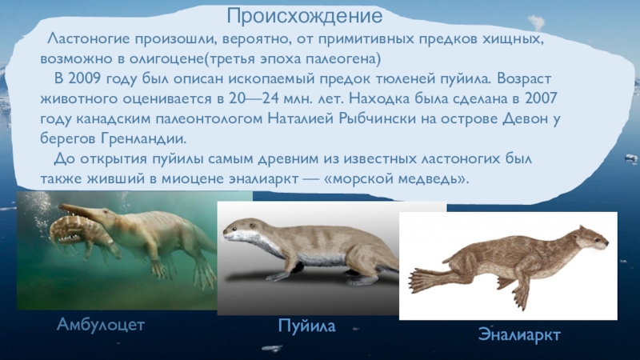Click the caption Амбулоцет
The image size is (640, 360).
click(x=100, y=324)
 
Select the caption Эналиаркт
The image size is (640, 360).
click(x=518, y=334)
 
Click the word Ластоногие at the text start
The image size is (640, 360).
click(x=86, y=39)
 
